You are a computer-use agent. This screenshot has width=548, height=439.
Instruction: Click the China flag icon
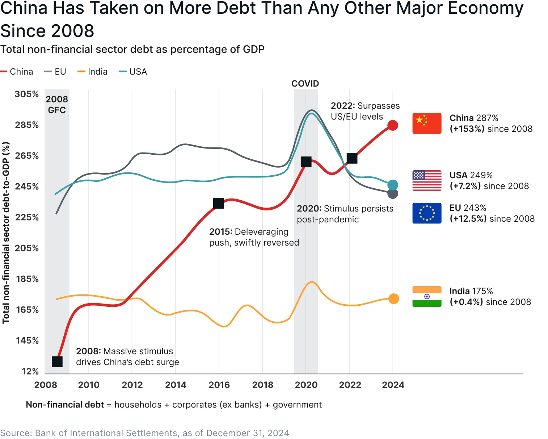(427, 124)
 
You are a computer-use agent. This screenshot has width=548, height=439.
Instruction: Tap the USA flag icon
(427, 180)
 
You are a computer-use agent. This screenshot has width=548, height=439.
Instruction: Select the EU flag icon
(427, 213)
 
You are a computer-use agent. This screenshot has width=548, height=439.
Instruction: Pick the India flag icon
(427, 297)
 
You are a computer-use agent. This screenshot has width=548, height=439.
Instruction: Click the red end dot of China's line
(393, 125)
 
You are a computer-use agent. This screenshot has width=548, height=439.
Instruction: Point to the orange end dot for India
(393, 299)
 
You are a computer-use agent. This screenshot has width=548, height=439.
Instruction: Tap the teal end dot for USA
(393, 185)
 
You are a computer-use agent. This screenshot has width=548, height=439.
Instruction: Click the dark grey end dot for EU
(393, 194)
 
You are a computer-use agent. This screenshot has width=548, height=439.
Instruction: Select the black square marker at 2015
(218, 204)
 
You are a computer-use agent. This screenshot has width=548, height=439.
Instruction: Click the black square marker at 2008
(57, 361)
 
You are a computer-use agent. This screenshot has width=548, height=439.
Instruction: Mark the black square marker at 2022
(352, 158)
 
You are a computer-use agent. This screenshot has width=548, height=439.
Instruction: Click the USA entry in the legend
(133, 72)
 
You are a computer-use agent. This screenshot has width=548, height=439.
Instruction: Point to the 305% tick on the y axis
(27, 94)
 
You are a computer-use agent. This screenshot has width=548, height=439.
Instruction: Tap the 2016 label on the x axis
(219, 385)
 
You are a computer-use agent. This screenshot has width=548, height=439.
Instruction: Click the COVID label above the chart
(305, 84)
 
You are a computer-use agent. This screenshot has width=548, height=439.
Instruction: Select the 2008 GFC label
(57, 105)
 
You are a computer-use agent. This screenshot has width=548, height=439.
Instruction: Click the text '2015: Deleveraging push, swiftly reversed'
(254, 237)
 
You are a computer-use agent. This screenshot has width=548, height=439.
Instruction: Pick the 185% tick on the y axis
(27, 279)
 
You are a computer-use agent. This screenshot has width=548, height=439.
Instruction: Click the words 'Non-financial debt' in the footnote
(65, 405)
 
